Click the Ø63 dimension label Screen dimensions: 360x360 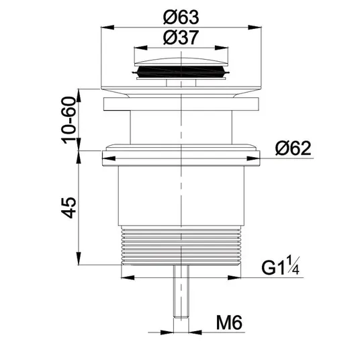click(181, 17)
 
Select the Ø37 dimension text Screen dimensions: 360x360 click(181, 38)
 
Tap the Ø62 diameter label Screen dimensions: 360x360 click(294, 148)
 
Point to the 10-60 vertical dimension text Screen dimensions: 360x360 click(69, 120)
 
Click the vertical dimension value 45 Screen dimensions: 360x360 click(69, 208)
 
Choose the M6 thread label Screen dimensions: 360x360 click(229, 322)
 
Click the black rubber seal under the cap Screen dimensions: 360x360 click(181, 71)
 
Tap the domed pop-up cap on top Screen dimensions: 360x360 click(181, 62)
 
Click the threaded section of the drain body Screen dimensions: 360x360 click(181, 245)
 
